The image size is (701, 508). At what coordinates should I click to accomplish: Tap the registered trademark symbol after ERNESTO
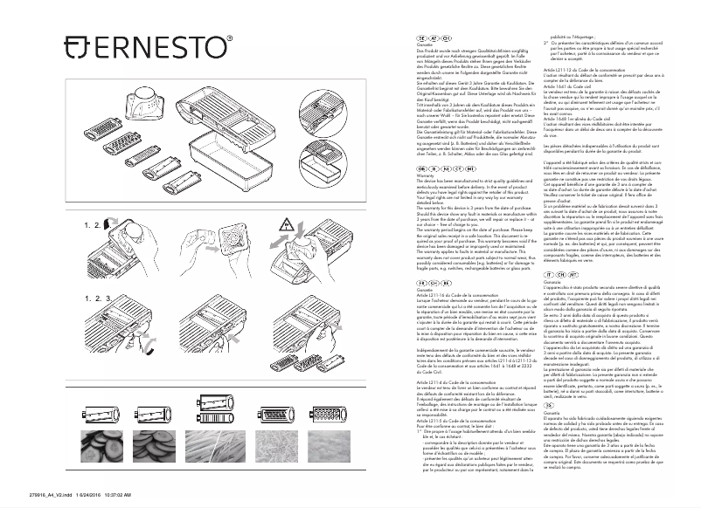pyautogui.click(x=230, y=38)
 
